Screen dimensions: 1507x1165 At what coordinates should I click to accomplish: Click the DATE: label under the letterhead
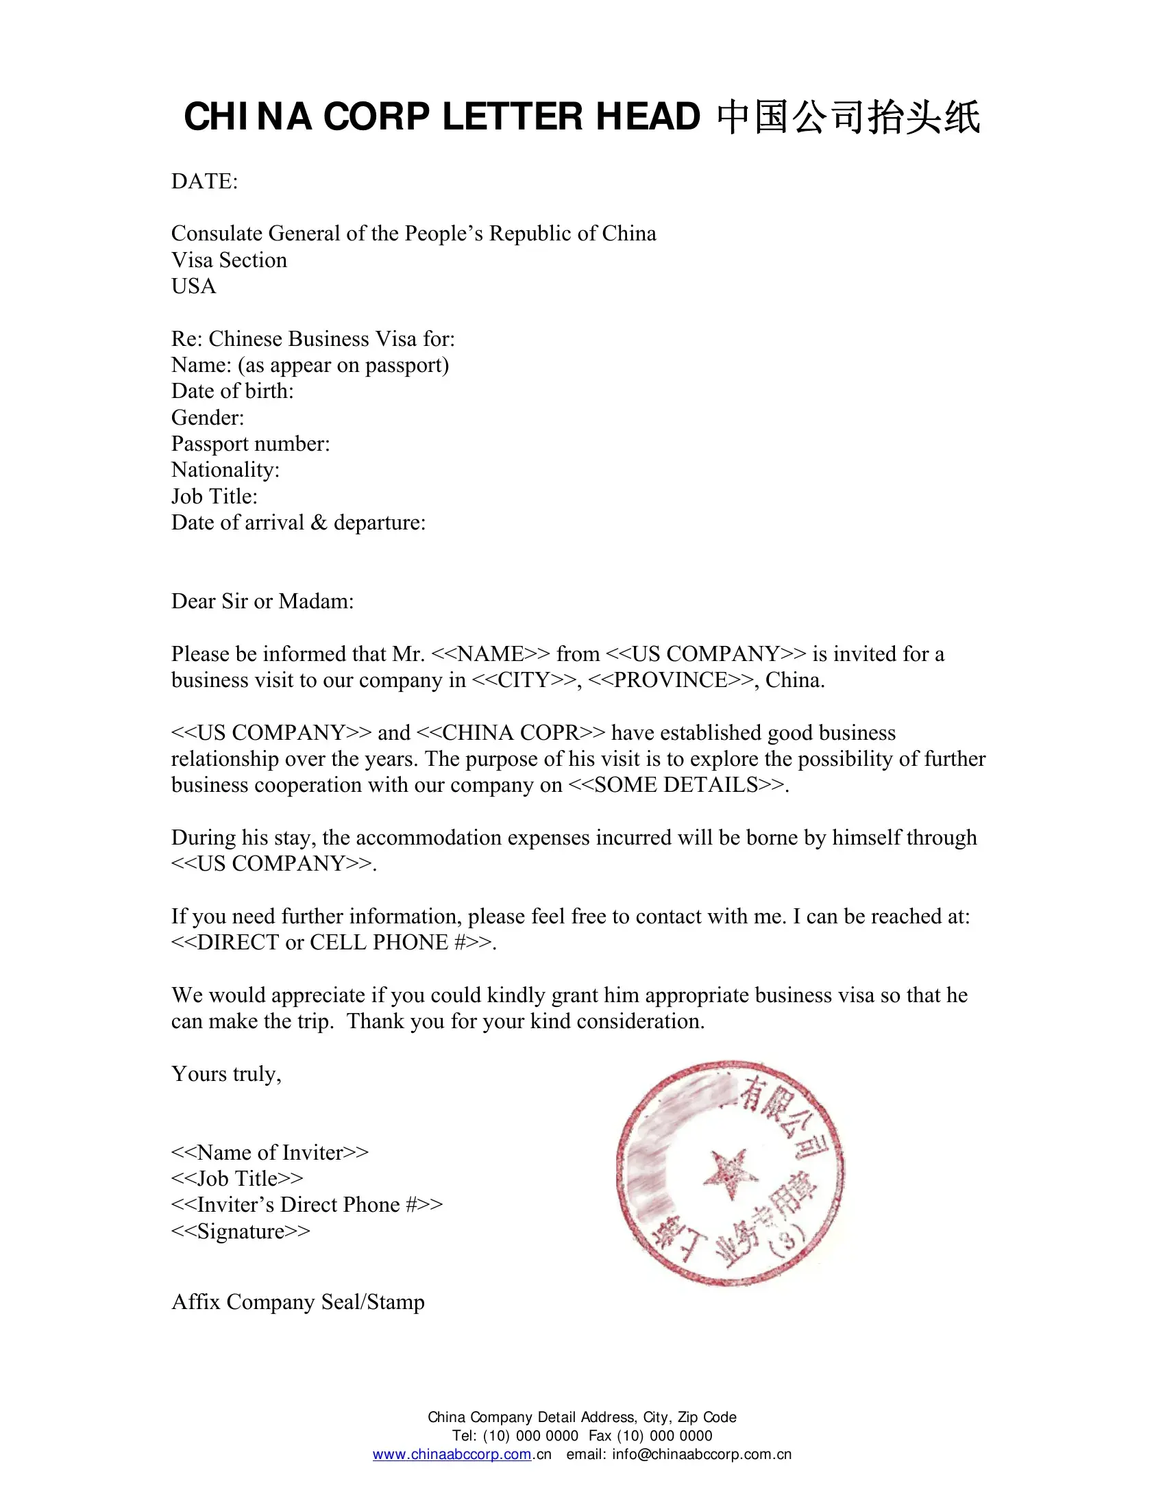pos(204,182)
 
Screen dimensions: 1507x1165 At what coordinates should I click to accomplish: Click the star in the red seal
pos(731,1173)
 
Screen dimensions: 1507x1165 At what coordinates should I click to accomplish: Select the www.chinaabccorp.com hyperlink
pos(452,1454)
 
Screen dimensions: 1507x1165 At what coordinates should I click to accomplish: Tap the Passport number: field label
pos(251,444)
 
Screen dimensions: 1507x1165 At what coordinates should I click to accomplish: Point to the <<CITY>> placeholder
pos(523,680)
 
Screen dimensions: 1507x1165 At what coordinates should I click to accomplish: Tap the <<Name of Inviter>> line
pos(270,1152)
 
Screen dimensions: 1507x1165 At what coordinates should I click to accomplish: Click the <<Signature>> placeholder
pos(240,1231)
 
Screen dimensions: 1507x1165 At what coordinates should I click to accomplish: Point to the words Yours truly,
pos(226,1073)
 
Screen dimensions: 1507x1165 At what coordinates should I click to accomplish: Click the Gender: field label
pos(208,417)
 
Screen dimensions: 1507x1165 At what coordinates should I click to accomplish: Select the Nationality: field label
pos(225,470)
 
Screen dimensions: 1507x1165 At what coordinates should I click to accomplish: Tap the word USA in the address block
pos(194,286)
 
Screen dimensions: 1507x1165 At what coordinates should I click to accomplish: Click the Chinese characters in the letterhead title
pos(848,117)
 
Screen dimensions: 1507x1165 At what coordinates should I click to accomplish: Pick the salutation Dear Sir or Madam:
pos(262,601)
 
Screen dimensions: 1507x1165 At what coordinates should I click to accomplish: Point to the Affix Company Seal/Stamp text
pos(298,1301)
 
